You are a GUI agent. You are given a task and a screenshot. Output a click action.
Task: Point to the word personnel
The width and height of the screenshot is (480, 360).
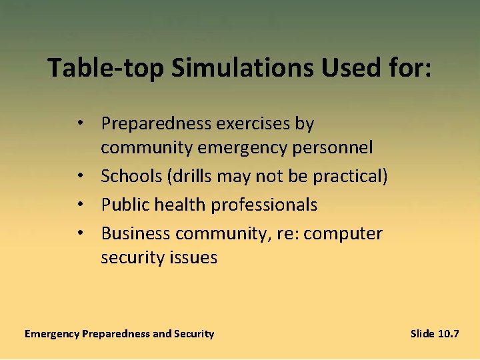tap(335, 147)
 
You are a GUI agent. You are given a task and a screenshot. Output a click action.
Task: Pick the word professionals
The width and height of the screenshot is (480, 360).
tap(263, 205)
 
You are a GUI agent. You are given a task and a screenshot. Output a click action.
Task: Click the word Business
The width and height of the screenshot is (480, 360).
tap(135, 234)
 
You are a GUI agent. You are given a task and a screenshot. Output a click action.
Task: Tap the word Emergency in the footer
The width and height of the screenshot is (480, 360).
tap(51, 333)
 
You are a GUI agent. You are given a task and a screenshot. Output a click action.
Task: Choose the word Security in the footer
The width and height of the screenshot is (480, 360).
tap(194, 333)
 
